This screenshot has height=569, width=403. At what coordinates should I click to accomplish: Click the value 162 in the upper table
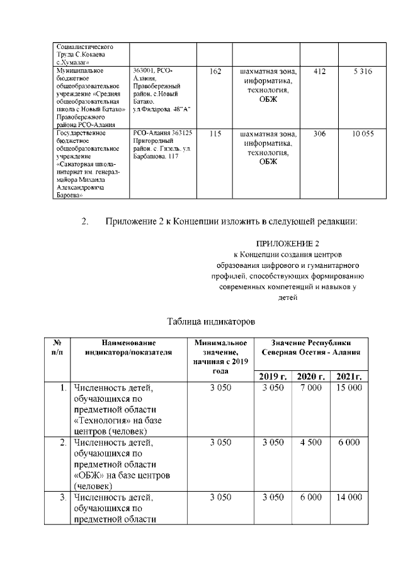click(x=215, y=72)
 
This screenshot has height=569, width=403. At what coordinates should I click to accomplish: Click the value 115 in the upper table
click(x=215, y=134)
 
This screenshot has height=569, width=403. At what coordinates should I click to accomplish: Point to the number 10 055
click(x=363, y=134)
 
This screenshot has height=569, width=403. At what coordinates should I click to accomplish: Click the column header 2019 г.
click(x=273, y=376)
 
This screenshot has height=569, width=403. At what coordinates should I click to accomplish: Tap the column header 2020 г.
click(x=310, y=376)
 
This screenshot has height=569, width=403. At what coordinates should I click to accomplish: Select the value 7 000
click(x=310, y=388)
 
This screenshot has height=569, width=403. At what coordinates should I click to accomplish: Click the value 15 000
click(x=349, y=388)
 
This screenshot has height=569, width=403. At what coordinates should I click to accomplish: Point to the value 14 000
click(x=349, y=496)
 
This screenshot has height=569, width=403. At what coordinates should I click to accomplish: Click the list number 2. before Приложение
click(x=86, y=221)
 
